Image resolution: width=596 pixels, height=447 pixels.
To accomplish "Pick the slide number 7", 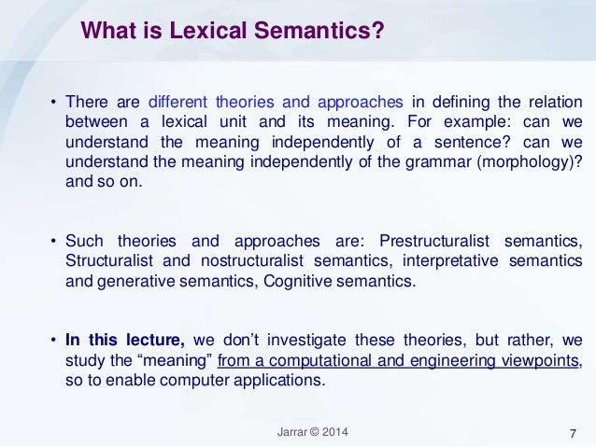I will point(572,432).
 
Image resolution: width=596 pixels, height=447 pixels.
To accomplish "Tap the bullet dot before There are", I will point(54,102).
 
